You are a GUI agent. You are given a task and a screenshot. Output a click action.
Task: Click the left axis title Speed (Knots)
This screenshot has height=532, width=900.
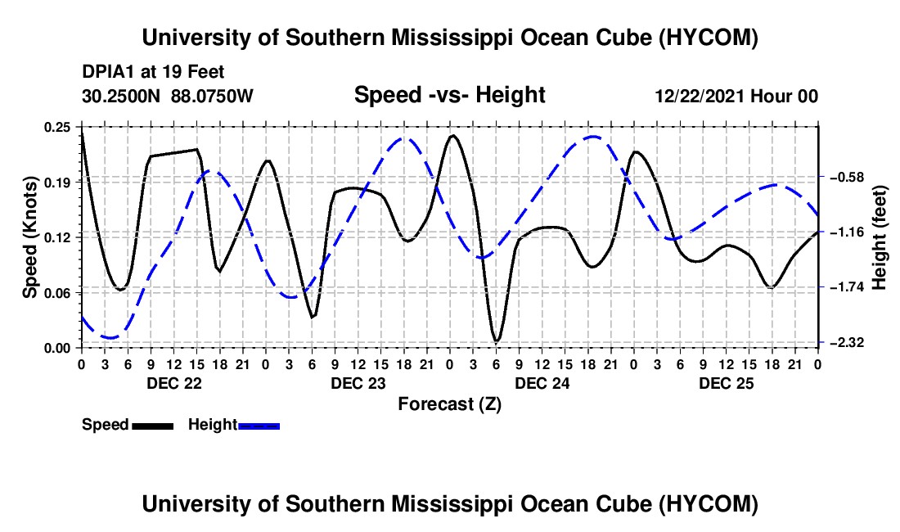pos(29,237)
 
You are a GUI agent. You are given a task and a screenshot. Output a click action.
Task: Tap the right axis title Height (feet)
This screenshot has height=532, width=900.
pos(880,237)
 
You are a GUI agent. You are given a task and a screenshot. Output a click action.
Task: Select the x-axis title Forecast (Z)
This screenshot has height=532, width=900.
pos(449,404)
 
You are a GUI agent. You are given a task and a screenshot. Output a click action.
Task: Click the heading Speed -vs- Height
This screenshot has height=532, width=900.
pos(449,95)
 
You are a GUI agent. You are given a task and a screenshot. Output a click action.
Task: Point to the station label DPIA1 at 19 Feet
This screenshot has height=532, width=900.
pos(153,72)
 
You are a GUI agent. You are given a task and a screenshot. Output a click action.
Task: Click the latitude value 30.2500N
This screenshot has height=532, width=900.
pos(121,96)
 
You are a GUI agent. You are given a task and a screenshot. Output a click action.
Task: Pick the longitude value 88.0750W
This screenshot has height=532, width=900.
pos(212,96)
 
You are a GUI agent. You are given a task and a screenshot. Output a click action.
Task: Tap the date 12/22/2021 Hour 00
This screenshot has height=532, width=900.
pos(736,96)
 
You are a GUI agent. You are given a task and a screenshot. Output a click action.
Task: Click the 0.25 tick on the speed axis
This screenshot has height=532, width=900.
pos(56,128)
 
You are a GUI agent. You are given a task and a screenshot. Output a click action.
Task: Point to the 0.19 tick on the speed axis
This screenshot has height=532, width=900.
pos(56,183)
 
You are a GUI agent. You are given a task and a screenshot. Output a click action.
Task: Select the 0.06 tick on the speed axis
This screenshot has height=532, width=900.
pos(56,293)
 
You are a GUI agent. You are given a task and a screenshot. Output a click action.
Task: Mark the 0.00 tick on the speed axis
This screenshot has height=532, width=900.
pos(56,349)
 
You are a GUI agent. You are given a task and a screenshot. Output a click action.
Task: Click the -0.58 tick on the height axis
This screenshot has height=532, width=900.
pos(847,177)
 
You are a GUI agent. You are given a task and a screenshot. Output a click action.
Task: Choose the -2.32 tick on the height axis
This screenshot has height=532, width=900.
pos(847,343)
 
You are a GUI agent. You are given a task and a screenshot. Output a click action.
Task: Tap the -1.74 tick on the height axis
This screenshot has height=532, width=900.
pos(847,287)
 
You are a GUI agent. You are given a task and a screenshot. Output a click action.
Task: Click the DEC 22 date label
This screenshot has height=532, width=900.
pos(174,383)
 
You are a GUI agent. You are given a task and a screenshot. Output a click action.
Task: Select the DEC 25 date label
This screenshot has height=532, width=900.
pos(726,383)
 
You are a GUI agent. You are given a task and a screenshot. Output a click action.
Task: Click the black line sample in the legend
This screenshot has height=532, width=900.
pos(153,426)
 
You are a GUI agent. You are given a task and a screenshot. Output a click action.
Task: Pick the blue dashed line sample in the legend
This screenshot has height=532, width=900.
pos(259,426)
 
